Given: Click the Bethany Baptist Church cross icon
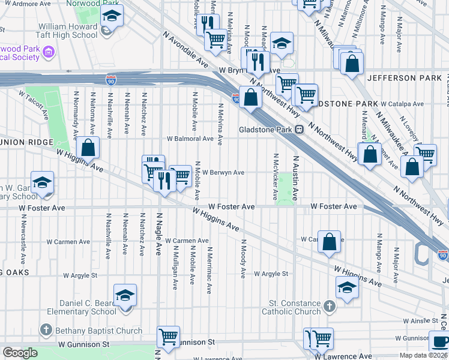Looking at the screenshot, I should [46, 330].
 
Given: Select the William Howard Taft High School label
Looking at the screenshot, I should [67, 31].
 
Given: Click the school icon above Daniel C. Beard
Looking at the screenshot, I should [125, 295].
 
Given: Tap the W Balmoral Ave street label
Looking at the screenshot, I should [190, 139].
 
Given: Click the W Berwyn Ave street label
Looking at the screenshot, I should [223, 172].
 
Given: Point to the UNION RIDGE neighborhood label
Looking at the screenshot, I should [26, 142].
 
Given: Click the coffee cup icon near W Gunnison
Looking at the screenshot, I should [439, 341].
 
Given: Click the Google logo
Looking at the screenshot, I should [20, 353].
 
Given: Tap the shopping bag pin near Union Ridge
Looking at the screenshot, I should [88, 148].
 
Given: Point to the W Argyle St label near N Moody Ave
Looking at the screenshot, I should [271, 274].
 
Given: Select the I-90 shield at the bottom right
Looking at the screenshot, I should [443, 254].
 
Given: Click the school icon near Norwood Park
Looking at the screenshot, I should [112, 16].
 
